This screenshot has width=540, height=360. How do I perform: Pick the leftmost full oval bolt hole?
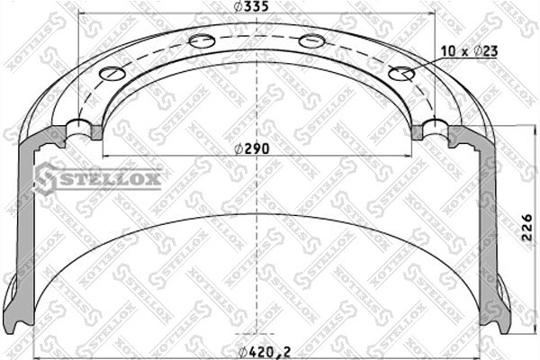[x=113, y=73]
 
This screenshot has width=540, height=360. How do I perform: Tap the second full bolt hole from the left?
[x=202, y=40]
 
